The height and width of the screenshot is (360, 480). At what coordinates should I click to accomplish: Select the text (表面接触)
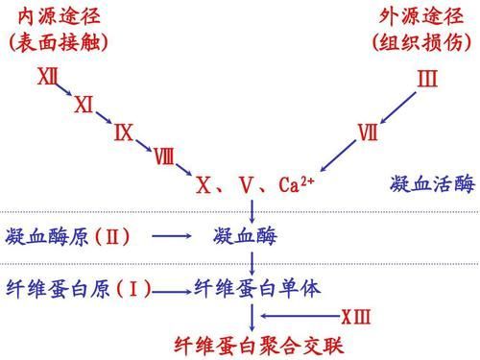pyautogui.click(x=58, y=42)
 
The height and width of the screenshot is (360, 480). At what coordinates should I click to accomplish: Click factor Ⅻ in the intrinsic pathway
pyautogui.click(x=47, y=76)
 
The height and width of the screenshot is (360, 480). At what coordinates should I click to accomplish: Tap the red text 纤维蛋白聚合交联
pyautogui.click(x=258, y=344)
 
